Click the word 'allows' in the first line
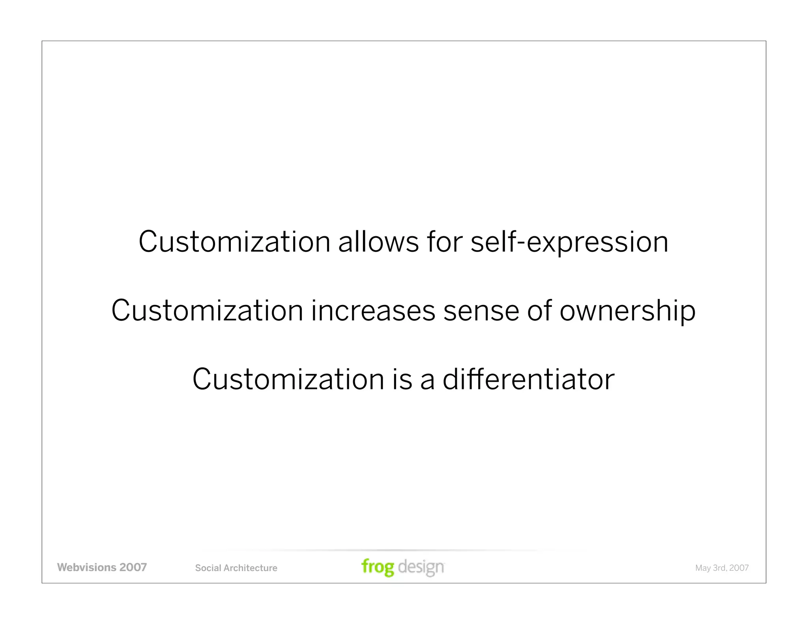point(378,242)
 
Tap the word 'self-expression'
point(569,242)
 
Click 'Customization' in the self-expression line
point(234,242)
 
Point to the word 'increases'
point(373,310)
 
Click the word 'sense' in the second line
point(481,310)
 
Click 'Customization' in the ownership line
point(207,310)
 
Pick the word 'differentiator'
point(528,379)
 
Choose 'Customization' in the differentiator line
point(288,379)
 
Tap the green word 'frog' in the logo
point(378,567)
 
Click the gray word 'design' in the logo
point(421,567)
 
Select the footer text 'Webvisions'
point(86,567)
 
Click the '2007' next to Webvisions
point(133,567)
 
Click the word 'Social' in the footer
point(208,568)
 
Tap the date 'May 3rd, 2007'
point(722,568)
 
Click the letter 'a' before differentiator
point(427,380)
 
